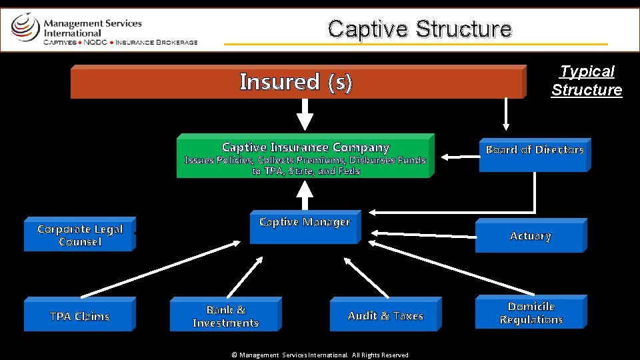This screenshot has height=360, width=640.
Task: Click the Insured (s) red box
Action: [x=297, y=82]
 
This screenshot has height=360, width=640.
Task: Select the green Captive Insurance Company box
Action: [x=305, y=156]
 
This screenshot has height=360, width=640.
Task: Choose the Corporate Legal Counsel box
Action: [x=79, y=235]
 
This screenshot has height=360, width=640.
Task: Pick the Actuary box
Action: [x=530, y=236]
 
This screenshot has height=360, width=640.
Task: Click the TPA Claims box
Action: [x=79, y=315]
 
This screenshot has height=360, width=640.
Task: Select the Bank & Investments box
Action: [x=225, y=315]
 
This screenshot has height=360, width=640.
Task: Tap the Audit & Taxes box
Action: [x=385, y=315]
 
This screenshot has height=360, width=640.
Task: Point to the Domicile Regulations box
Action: [x=531, y=312]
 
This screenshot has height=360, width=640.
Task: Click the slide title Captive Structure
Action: [x=419, y=29]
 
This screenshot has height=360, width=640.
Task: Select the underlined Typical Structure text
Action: [x=587, y=81]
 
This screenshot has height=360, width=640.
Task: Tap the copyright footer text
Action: [x=320, y=355]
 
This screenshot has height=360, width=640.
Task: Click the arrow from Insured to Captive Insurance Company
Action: [x=305, y=114]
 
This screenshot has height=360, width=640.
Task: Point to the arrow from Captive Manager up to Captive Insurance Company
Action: [x=305, y=195]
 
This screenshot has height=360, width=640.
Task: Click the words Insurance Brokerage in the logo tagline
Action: [x=157, y=42]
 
